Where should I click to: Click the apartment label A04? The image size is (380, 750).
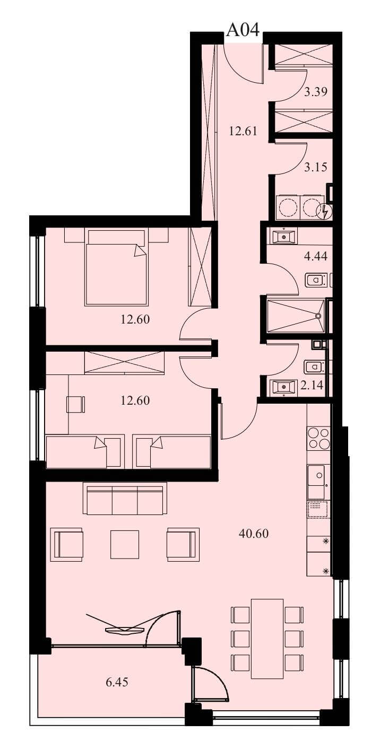click(243, 30)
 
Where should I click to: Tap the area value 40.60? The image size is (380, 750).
click(253, 534)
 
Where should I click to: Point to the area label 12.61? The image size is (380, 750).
click(243, 131)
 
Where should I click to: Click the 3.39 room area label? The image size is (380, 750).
click(315, 91)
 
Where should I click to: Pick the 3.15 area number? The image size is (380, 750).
click(315, 167)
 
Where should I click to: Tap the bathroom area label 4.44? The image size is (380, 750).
click(315, 257)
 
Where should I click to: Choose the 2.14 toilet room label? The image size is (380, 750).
click(312, 385)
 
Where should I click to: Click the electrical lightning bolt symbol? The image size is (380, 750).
click(324, 211)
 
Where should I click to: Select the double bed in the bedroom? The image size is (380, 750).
click(116, 267)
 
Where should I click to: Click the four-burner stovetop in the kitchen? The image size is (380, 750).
click(319, 438)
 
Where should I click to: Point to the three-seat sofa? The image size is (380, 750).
click(125, 498)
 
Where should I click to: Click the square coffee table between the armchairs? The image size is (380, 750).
click(125, 544)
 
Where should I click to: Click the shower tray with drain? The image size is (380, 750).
click(296, 316)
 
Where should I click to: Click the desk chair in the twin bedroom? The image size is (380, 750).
click(76, 404)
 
